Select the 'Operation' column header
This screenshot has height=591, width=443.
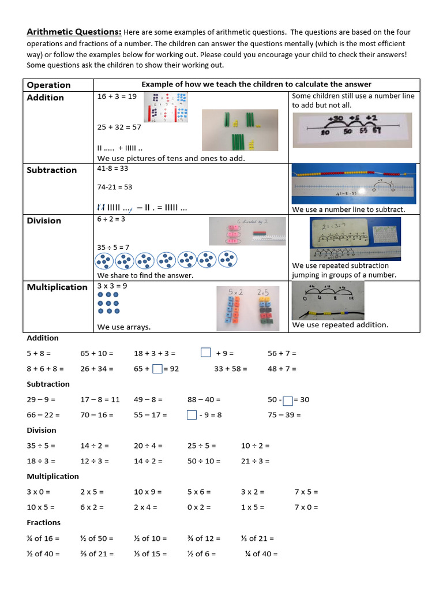(48, 85)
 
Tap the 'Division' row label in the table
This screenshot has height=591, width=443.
(44, 220)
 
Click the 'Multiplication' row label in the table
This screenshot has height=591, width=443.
(57, 287)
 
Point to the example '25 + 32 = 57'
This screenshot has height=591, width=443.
(119, 126)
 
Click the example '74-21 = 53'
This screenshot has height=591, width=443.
(115, 187)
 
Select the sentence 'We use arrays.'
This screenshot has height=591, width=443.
(124, 327)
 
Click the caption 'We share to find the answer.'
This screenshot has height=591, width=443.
(145, 275)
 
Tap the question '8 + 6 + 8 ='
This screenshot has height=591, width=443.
(45, 369)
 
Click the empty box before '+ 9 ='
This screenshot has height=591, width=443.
(206, 353)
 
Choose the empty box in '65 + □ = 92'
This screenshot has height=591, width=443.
(157, 369)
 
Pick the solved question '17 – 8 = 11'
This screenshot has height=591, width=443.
(100, 399)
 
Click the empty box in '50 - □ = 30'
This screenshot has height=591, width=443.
(288, 400)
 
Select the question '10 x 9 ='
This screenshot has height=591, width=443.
(148, 492)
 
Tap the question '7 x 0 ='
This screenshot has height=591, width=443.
(306, 507)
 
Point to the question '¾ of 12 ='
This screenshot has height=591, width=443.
(204, 538)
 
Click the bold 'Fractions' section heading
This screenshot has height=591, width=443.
(44, 523)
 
